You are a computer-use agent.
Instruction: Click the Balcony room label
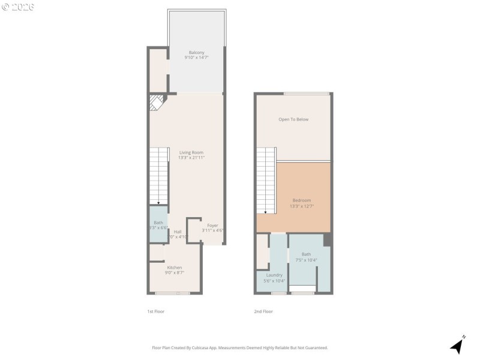(x=197, y=52)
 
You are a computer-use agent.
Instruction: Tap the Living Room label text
(x=191, y=152)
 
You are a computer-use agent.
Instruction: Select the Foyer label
(x=212, y=225)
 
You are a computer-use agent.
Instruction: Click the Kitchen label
(x=175, y=268)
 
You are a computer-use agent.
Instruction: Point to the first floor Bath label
(x=158, y=223)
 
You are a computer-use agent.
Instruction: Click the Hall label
(x=178, y=232)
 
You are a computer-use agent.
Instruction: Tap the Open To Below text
(x=293, y=119)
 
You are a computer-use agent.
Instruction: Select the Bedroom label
(x=302, y=200)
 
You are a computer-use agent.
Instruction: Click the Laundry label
(x=274, y=275)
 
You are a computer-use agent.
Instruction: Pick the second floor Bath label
(x=307, y=254)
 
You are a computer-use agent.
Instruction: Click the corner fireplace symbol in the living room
(x=156, y=101)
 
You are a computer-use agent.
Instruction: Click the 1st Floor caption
(x=155, y=311)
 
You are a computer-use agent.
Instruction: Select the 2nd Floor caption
(x=263, y=311)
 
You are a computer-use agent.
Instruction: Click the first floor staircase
(x=158, y=177)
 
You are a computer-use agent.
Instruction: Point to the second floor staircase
(x=266, y=180)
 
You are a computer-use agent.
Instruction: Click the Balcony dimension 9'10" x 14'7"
(x=197, y=58)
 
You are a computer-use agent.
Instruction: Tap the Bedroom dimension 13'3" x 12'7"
(x=302, y=206)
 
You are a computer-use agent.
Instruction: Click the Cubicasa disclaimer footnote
(x=240, y=347)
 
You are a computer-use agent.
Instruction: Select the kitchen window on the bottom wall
(x=173, y=293)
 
